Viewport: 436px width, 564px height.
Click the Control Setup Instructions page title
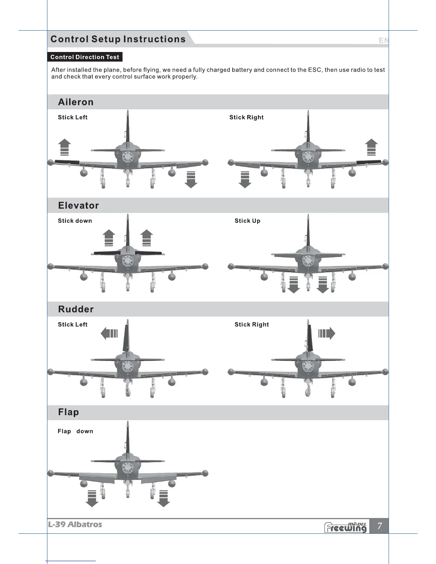coord(118,39)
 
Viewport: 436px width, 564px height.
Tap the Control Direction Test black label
coord(85,57)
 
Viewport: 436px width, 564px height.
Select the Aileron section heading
coord(76,102)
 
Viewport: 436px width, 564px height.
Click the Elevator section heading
coord(78,205)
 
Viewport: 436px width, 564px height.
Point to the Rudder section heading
coord(76,309)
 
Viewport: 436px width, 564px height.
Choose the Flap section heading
coord(68,412)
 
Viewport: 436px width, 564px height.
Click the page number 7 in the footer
coord(380,526)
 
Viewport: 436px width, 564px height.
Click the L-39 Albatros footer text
coord(75,524)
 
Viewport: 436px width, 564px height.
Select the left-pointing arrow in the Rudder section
coord(109,334)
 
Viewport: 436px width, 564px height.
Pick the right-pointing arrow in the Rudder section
coord(327,334)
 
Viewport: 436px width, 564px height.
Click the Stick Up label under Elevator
coord(247,221)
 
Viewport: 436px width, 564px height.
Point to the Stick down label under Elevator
coord(75,221)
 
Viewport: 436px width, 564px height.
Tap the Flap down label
coord(75,431)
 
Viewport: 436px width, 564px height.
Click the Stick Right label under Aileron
coord(246,117)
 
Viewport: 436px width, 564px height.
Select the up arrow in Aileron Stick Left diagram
coord(64,147)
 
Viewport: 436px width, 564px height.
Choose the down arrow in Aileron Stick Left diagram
coord(191,179)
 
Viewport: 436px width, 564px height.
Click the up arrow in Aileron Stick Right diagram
coord(371,147)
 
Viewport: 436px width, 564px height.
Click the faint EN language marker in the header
coord(384,41)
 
